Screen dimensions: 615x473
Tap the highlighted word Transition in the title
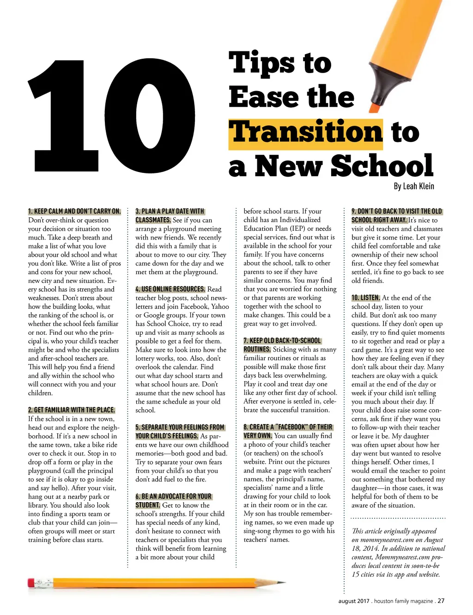pos(305,133)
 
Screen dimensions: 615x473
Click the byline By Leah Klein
pos(413,186)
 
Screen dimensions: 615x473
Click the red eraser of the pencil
pos(31,583)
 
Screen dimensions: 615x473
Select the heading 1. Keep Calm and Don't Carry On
pos(74,211)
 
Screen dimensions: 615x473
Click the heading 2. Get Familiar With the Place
pos(72,410)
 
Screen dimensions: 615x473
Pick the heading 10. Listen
pos(366,298)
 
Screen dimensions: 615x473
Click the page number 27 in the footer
pos(441,601)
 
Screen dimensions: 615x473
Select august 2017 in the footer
pos(354,601)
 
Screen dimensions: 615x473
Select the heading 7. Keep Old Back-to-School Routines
pos(282,345)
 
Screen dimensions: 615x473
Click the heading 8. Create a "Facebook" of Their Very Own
pos(287,431)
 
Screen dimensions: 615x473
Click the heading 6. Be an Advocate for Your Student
pos(173,500)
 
